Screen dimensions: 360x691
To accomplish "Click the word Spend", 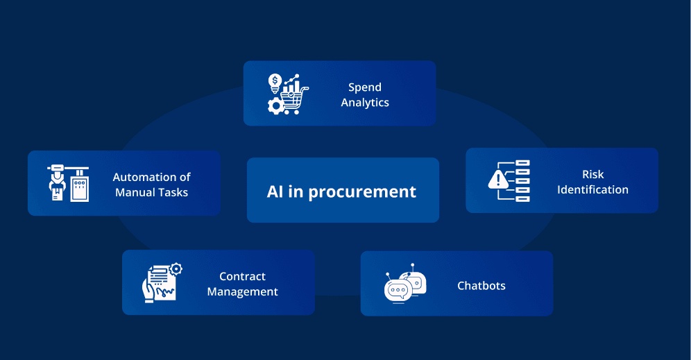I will (x=365, y=87).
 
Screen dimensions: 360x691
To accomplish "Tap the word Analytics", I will (x=365, y=103).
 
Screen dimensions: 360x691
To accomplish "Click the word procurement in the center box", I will (x=362, y=191).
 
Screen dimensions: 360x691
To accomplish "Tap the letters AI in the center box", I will (x=275, y=191).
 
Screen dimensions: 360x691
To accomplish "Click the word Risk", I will (x=593, y=175).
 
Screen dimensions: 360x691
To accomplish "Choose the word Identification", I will (x=593, y=190).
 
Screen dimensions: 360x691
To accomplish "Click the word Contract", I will (x=243, y=277).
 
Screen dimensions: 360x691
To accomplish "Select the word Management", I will (x=243, y=292).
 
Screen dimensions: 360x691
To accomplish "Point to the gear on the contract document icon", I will (x=176, y=268).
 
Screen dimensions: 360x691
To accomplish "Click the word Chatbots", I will (x=481, y=286).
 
